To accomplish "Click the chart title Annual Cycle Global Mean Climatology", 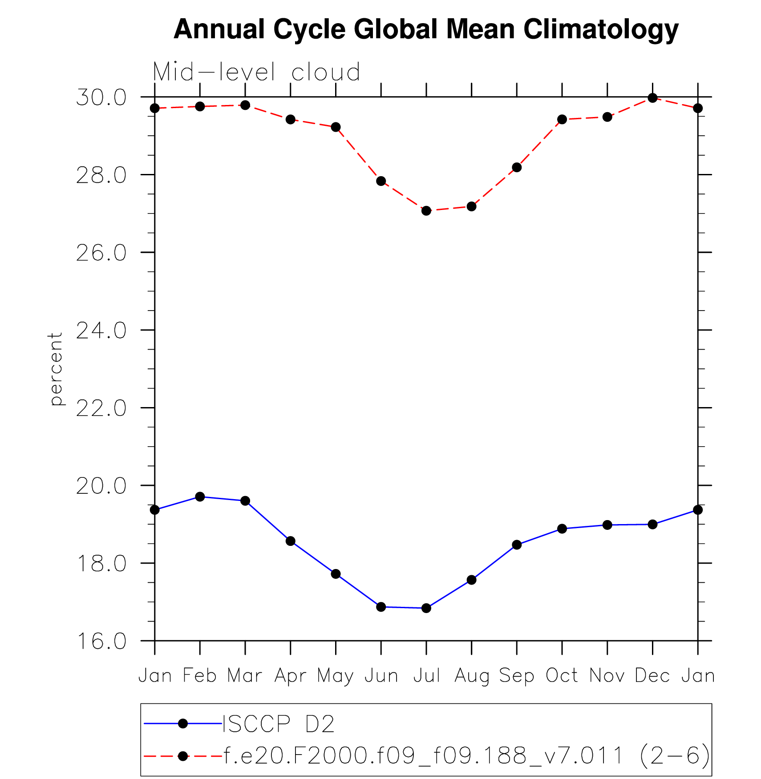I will pos(426,29).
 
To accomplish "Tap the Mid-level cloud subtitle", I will pos(256,72).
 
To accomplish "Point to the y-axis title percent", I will pos(56,369).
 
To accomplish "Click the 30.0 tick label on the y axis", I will pos(101,97).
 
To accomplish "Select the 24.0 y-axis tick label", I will pos(101,331).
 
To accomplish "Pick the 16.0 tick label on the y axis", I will pos(101,641).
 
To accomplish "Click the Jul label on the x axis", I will pos(426,675).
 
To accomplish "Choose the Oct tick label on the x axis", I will pos(562,675).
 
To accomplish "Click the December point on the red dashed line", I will pos(652,98).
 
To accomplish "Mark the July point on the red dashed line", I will pos(426,210).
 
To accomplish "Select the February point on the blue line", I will pos(200,496).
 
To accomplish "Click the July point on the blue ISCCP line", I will pos(426,608).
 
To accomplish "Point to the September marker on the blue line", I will pos(517,545).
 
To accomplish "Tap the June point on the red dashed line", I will pos(381,181).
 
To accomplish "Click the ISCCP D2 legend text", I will pos(278,724).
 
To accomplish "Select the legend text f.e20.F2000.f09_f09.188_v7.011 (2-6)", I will pos(466,755).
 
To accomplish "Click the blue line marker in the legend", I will pos(182,724).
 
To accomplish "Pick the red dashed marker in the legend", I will pos(182,756).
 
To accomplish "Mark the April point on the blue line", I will pos(291,541).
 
